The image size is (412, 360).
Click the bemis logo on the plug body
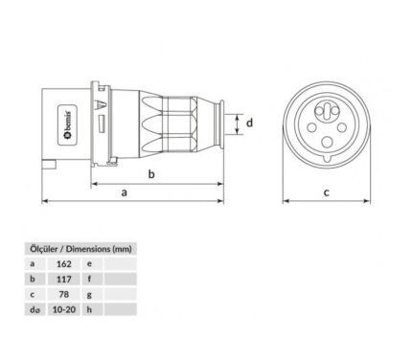(x=67, y=125)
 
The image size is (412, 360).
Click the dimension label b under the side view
(x=151, y=174)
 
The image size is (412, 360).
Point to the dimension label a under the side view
(x=125, y=192)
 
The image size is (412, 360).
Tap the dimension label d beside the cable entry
(x=249, y=123)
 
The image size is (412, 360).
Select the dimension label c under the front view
(x=326, y=192)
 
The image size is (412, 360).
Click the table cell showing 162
(x=64, y=264)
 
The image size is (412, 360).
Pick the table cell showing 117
(x=64, y=280)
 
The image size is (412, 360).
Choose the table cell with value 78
(x=64, y=294)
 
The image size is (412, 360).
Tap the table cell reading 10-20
(x=64, y=309)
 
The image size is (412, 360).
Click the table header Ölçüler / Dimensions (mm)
(x=80, y=249)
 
